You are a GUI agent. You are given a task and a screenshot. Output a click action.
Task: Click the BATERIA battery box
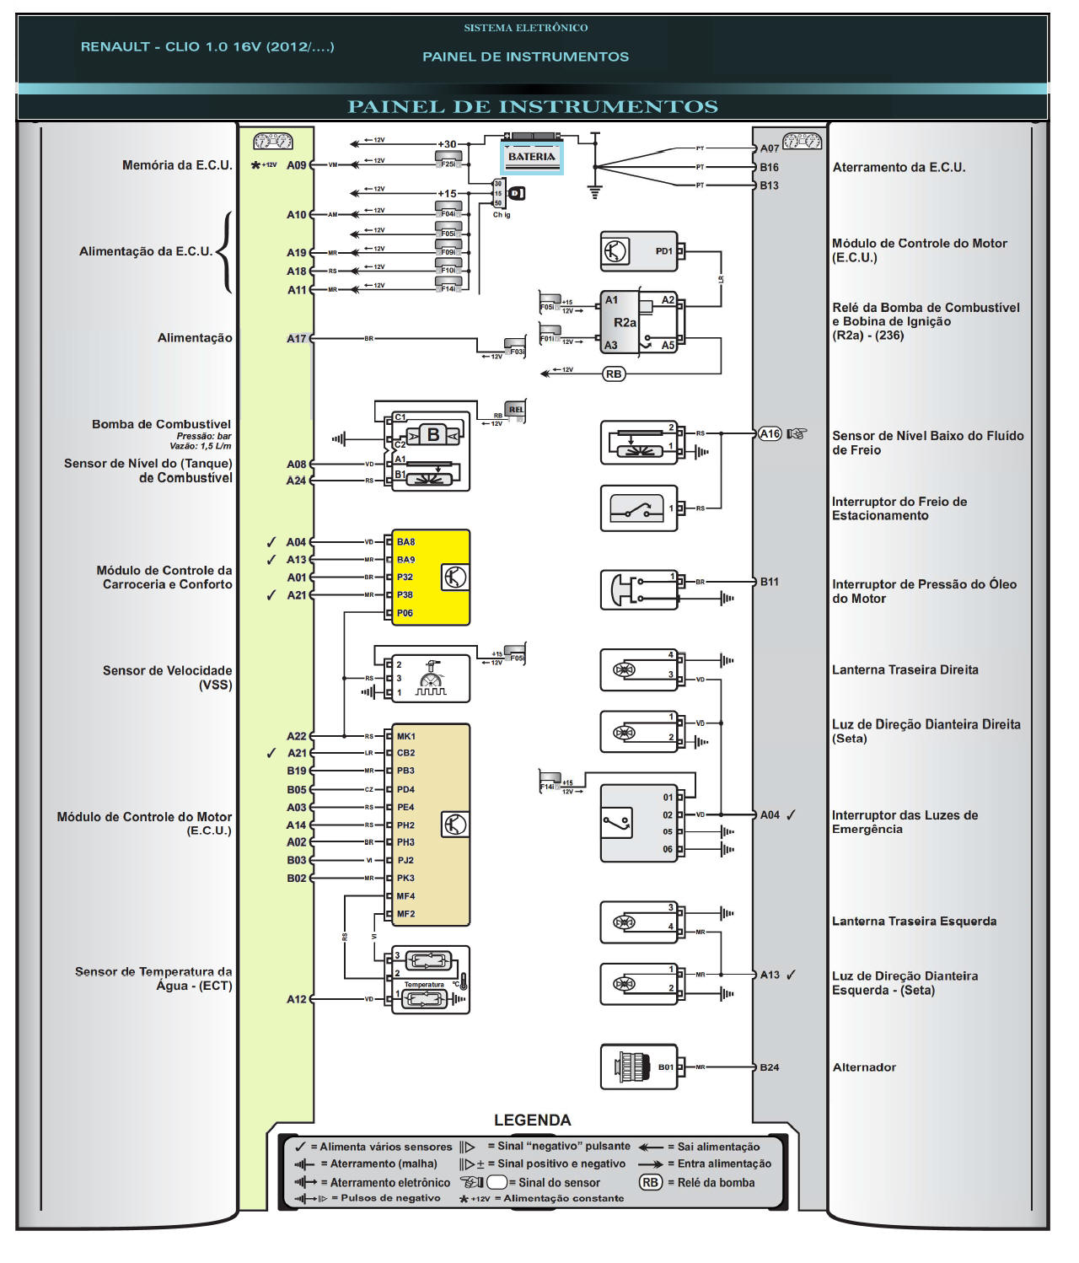pyautogui.click(x=532, y=157)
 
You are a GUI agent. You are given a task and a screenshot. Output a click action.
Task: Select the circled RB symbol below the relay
pyautogui.click(x=614, y=374)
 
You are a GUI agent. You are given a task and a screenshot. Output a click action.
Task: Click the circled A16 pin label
pyautogui.click(x=770, y=433)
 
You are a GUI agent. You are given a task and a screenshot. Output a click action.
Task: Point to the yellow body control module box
pyautogui.click(x=430, y=578)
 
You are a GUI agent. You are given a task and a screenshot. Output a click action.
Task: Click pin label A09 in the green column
pyautogui.click(x=296, y=165)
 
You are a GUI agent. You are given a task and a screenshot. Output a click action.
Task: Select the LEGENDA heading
pyautogui.click(x=532, y=1120)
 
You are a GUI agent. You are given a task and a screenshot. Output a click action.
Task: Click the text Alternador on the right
pyautogui.click(x=864, y=1067)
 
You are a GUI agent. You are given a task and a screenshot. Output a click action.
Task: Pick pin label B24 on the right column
pyautogui.click(x=769, y=1067)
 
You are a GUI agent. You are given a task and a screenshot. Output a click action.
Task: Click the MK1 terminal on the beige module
pyautogui.click(x=405, y=736)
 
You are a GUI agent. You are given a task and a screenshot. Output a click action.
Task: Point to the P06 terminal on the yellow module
pyautogui.click(x=405, y=613)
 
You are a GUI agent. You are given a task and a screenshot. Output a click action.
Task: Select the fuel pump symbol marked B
pyautogui.click(x=433, y=435)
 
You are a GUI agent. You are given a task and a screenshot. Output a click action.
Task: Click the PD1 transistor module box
pyautogui.click(x=639, y=251)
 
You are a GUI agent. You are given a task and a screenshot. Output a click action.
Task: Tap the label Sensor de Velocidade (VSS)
pyautogui.click(x=168, y=678)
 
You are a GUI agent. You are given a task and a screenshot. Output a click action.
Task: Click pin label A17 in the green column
pyautogui.click(x=296, y=339)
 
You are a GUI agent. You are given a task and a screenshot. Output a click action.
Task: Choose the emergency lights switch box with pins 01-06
pyautogui.click(x=639, y=823)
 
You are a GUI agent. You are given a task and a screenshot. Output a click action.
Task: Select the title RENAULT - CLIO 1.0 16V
pyautogui.click(x=207, y=46)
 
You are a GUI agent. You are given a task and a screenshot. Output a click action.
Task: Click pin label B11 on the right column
pyautogui.click(x=769, y=582)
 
